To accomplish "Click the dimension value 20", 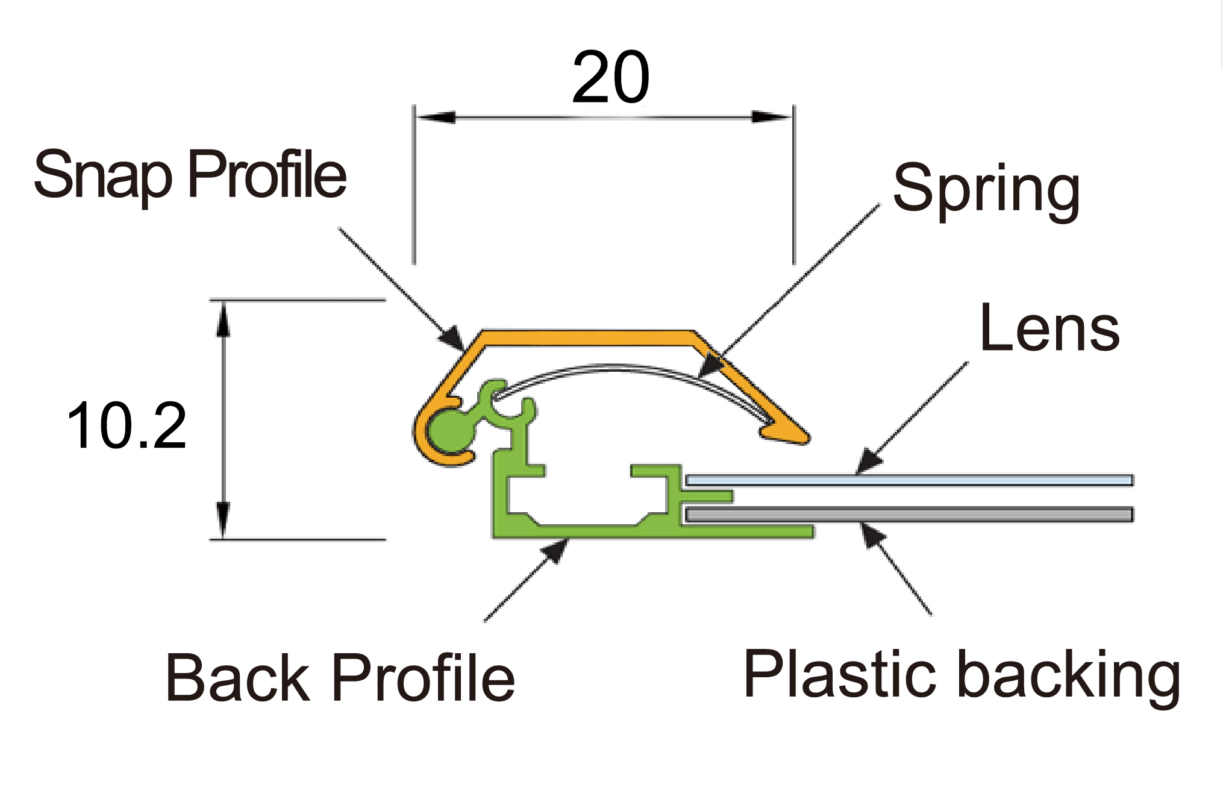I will [610, 78].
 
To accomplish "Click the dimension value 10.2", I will [127, 427].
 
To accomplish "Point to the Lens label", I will [1049, 328].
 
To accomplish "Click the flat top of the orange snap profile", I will [587, 338].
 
